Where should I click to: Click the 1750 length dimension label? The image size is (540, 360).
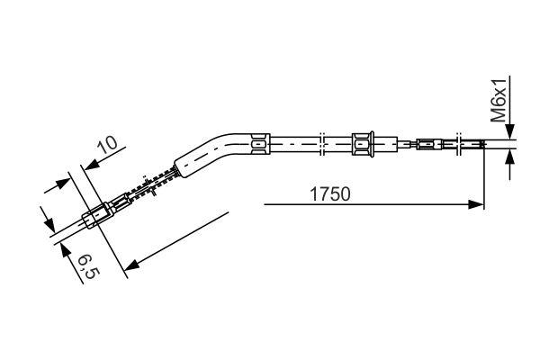[330, 193]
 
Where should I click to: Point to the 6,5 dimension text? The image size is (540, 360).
[85, 266]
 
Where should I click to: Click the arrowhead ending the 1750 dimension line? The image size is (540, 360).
[478, 205]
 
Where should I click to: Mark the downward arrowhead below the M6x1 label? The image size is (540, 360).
[510, 131]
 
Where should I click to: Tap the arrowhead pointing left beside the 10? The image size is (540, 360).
[87, 163]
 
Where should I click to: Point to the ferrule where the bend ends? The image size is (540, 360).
[258, 141]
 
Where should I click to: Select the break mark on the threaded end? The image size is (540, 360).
[460, 142]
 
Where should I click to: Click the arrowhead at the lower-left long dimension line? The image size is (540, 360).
[130, 265]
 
